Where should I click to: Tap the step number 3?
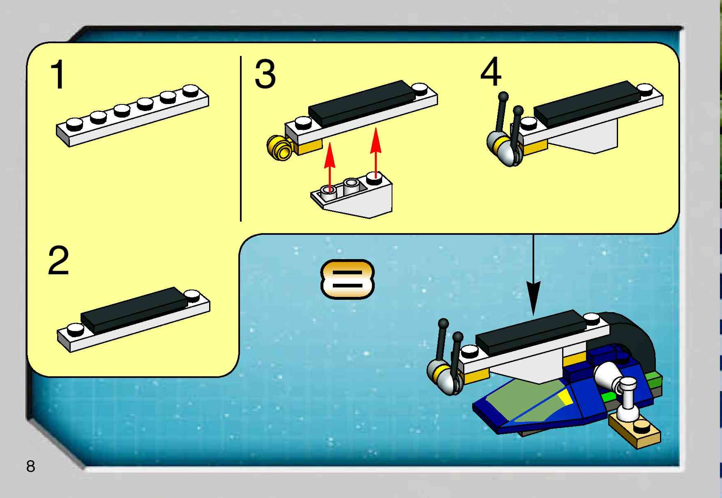(x=265, y=74)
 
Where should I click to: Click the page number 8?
(x=31, y=466)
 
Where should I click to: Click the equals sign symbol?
(x=347, y=279)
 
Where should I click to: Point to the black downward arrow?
(x=533, y=274)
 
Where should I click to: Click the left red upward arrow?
(x=330, y=167)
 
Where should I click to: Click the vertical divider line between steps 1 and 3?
(x=241, y=139)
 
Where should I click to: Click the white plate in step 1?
(x=133, y=115)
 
